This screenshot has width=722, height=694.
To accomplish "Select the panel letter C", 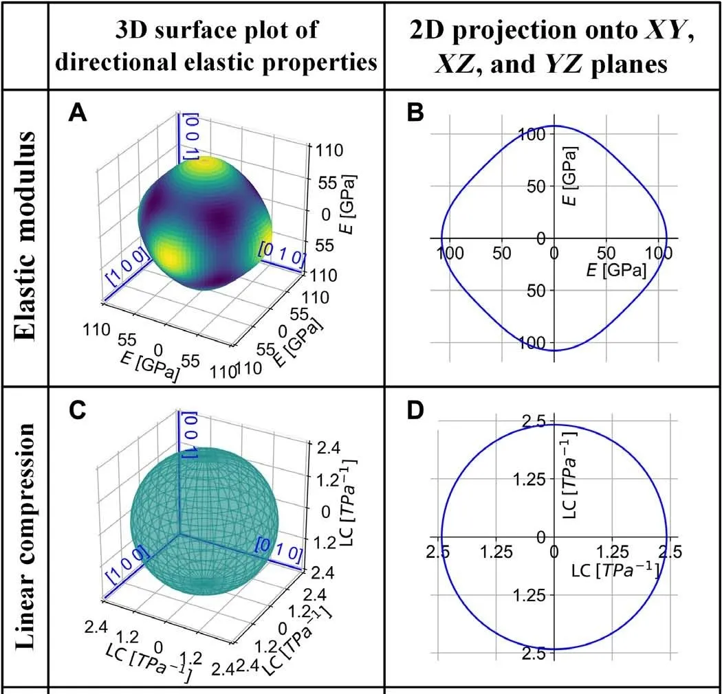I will [x=78, y=410].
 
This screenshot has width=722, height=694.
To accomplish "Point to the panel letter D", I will [x=415, y=410].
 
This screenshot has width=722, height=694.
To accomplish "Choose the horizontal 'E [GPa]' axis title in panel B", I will [x=616, y=271].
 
